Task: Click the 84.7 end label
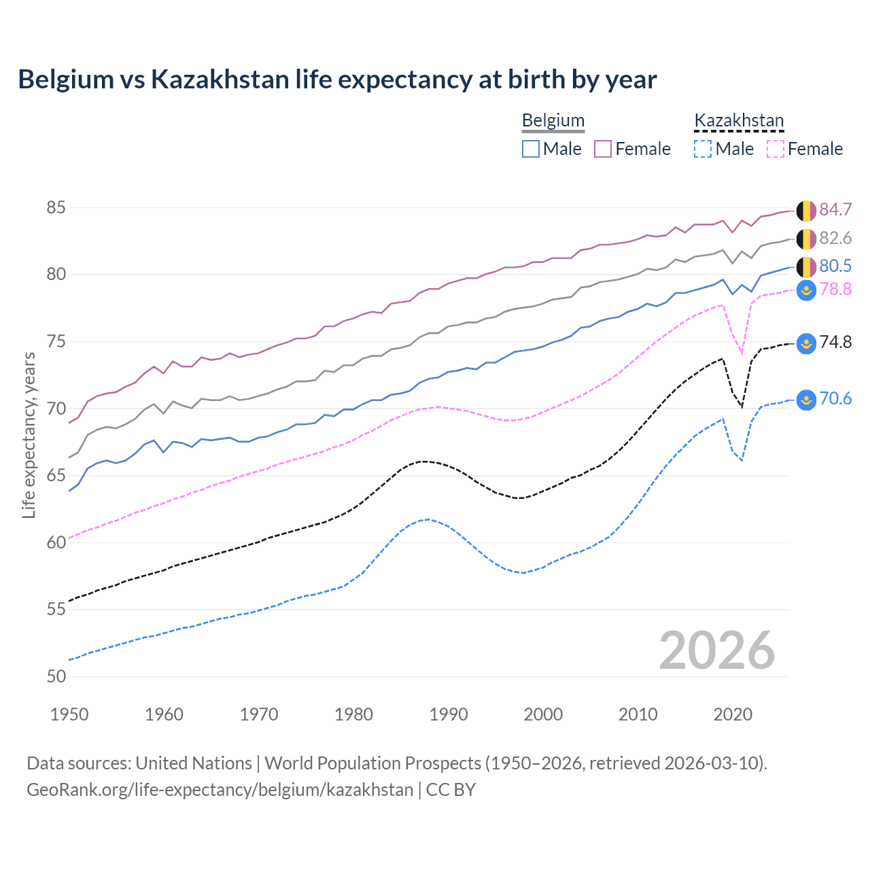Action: (x=835, y=209)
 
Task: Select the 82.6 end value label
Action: (x=835, y=238)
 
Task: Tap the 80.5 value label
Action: (x=835, y=266)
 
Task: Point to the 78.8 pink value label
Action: (x=835, y=290)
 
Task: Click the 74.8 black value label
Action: (x=835, y=342)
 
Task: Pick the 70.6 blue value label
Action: (x=835, y=398)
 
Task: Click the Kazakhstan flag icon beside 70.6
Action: (x=806, y=400)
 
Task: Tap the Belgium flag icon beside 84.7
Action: (x=806, y=211)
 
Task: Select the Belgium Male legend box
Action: (x=531, y=149)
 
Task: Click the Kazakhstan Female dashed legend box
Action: (x=776, y=149)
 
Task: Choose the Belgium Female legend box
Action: (x=603, y=149)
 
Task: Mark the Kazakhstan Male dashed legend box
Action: (x=703, y=149)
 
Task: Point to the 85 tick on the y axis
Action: (x=56, y=207)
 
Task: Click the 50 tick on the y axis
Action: (x=56, y=676)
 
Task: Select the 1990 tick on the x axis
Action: (x=449, y=714)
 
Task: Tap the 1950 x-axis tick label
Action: (x=69, y=714)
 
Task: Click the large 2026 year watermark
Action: (x=716, y=650)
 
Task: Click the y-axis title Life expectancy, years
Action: (x=29, y=435)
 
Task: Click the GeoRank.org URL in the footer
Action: (x=220, y=790)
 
